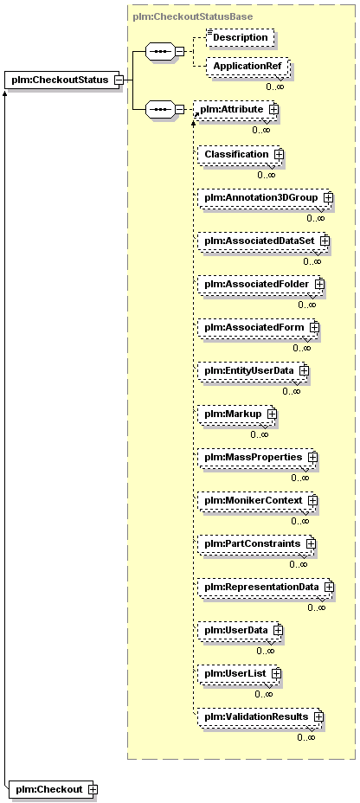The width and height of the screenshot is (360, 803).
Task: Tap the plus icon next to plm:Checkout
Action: pyautogui.click(x=93, y=789)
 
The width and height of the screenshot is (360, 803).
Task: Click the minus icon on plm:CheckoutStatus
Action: pyautogui.click(x=119, y=80)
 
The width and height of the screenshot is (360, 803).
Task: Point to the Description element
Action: pyautogui.click(x=240, y=37)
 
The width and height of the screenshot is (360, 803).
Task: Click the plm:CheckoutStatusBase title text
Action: pyautogui.click(x=192, y=16)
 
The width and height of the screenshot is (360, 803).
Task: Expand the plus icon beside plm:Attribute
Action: pyautogui.click(x=274, y=109)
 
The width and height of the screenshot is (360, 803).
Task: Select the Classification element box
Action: pyautogui.click(x=241, y=154)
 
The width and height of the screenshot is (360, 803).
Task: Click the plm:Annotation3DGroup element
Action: pyautogui.click(x=265, y=197)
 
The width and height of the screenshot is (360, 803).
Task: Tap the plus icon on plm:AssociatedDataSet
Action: pyautogui.click(x=325, y=241)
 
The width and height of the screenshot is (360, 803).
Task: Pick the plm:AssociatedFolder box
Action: pyautogui.click(x=260, y=283)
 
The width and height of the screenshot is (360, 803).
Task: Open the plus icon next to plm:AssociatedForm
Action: pyautogui.click(x=314, y=326)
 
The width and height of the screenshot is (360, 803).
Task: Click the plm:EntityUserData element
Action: pyautogui.click(x=253, y=369)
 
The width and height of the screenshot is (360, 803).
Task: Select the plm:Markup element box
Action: pyautogui.click(x=236, y=413)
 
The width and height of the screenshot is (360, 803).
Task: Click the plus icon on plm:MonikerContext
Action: pyautogui.click(x=312, y=499)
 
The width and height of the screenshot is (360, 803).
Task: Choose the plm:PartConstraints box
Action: pyautogui.click(x=256, y=543)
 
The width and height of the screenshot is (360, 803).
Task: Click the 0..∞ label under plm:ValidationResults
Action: pyautogui.click(x=306, y=737)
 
